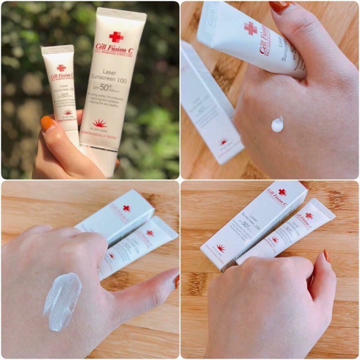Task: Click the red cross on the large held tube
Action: [x=116, y=37]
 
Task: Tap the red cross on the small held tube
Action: [x=61, y=67]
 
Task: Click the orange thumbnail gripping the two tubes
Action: [x=48, y=123]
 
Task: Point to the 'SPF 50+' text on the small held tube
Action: [x=63, y=96]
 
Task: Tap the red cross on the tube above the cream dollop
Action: [x=250, y=28]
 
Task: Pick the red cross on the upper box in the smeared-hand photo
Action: [x=126, y=208]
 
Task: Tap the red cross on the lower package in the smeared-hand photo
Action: [x=149, y=233]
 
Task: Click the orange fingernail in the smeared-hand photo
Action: [x=176, y=280]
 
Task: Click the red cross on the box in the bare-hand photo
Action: [x=282, y=192]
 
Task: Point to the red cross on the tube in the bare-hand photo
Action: [x=309, y=215]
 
